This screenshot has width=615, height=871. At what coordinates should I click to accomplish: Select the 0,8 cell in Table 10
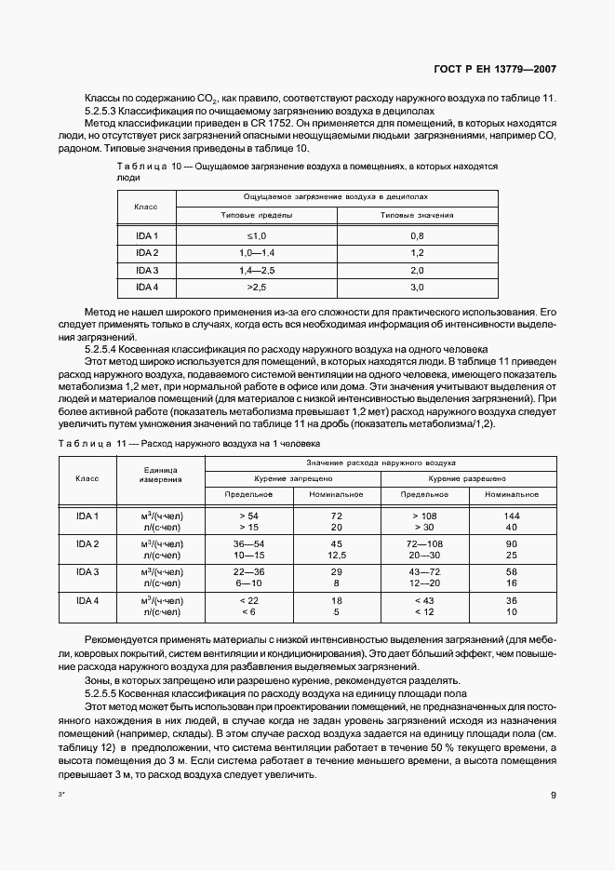tap(416, 236)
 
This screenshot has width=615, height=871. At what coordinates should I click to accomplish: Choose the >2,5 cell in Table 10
tap(257, 287)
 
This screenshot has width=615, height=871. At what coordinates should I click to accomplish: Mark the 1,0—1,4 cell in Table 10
tap(257, 253)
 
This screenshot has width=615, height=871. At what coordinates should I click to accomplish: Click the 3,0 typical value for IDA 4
tap(416, 287)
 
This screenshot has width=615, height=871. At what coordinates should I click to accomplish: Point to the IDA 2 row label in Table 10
tap(147, 253)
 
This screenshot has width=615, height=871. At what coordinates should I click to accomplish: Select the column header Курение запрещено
tap(293, 477)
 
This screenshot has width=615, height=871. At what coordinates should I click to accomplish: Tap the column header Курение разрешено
tap(468, 477)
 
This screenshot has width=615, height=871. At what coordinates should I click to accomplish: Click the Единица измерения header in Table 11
tap(160, 475)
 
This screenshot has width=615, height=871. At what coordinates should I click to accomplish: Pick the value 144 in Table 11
tap(511, 515)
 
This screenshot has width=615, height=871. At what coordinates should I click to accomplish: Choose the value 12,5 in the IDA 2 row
tap(337, 555)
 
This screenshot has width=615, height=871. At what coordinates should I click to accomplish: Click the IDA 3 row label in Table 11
tap(87, 570)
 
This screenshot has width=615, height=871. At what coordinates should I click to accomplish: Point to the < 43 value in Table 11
tap(423, 600)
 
